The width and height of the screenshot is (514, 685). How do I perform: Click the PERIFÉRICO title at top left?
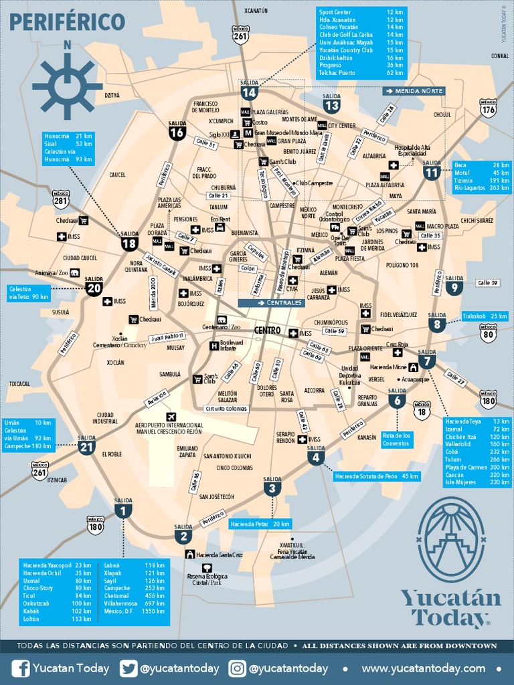(x=67, y=21)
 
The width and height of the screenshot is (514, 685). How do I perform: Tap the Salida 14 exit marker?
(x=249, y=91)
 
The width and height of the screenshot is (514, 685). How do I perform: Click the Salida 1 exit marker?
(x=123, y=510)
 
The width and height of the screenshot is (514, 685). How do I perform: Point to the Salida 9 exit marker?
(x=454, y=286)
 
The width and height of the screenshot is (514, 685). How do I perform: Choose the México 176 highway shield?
(x=489, y=108)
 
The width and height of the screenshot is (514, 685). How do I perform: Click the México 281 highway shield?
(x=61, y=199)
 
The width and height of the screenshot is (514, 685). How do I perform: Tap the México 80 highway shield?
(x=489, y=332)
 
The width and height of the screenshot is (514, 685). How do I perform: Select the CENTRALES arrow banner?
(x=271, y=303)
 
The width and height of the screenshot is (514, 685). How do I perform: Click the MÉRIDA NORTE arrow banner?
(x=414, y=90)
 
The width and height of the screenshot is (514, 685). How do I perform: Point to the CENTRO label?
(x=267, y=330)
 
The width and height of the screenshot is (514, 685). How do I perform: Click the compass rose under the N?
(x=67, y=85)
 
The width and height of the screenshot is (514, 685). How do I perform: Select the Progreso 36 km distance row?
(x=361, y=65)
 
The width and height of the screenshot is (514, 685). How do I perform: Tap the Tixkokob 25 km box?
(x=485, y=316)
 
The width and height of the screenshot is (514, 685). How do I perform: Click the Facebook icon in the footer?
(x=21, y=668)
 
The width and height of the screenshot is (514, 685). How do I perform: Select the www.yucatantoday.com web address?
(x=424, y=668)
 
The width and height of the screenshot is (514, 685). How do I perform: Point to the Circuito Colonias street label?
(x=226, y=409)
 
